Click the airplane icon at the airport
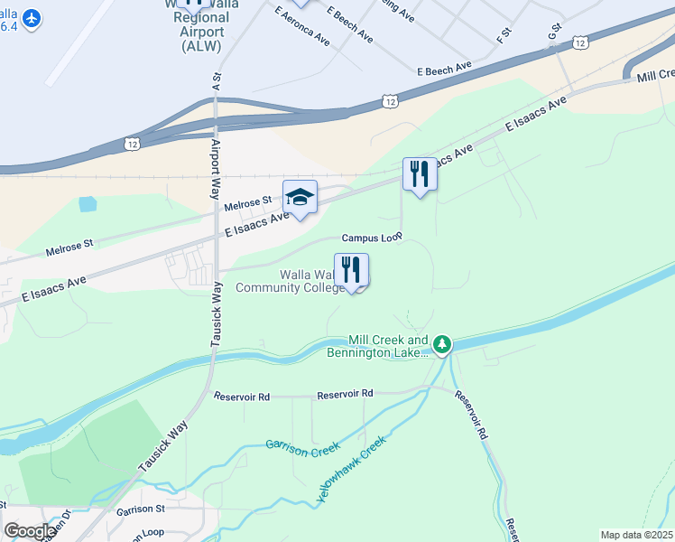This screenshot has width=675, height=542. pyautogui.click(x=32, y=18)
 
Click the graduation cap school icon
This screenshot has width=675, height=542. pyautogui.click(x=301, y=197)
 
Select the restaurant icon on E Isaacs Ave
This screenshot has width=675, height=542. pyautogui.click(x=420, y=173)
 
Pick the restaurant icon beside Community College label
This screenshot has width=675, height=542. pyautogui.click(x=352, y=269)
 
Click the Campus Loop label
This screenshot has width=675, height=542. pyautogui.click(x=371, y=238)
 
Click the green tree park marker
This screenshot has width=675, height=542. pyautogui.click(x=442, y=343)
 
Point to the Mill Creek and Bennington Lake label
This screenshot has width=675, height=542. pyautogui.click(x=377, y=347)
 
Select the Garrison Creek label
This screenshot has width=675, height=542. pyautogui.click(x=302, y=446)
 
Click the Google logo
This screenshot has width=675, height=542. pyautogui.click(x=29, y=530)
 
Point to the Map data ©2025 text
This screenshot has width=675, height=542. pyautogui.click(x=635, y=535)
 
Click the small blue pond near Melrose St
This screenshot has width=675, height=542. pyautogui.click(x=88, y=204)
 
